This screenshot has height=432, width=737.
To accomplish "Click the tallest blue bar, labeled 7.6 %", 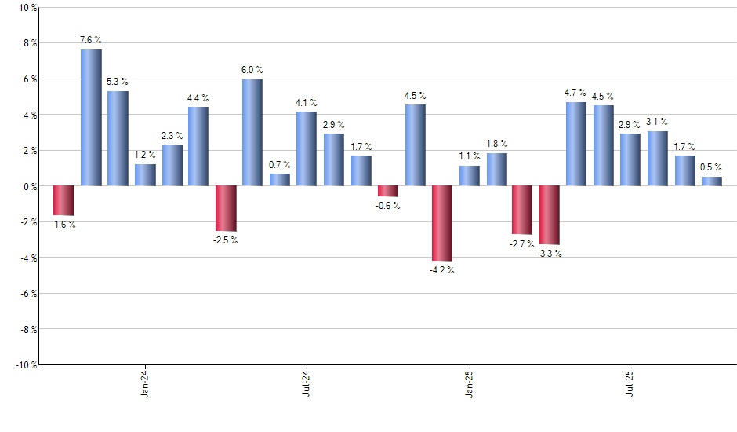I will tap(91, 118).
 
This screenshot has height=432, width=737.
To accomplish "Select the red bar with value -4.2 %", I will tap(442, 223).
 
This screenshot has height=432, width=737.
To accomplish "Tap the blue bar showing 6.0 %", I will tap(252, 132).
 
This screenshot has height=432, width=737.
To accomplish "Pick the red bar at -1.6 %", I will tap(64, 200).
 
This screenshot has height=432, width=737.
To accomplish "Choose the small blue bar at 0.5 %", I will tap(712, 181).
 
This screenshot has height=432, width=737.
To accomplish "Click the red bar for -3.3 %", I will tap(550, 215).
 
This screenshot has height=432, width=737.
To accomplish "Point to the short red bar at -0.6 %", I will tap(388, 191).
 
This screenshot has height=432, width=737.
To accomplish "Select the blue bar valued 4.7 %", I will tap(576, 144).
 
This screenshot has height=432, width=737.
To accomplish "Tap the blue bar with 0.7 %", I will tap(280, 180).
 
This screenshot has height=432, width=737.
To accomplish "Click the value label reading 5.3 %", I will tap(118, 82).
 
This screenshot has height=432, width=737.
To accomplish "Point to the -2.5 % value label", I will tap(225, 240).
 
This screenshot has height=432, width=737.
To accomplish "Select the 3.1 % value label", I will tap(657, 122).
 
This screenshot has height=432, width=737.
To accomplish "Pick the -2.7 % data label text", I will tap(521, 243).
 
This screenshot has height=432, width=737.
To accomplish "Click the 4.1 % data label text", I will tap(307, 102).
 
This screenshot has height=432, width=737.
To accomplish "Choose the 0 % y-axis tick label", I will tap(29, 186).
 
